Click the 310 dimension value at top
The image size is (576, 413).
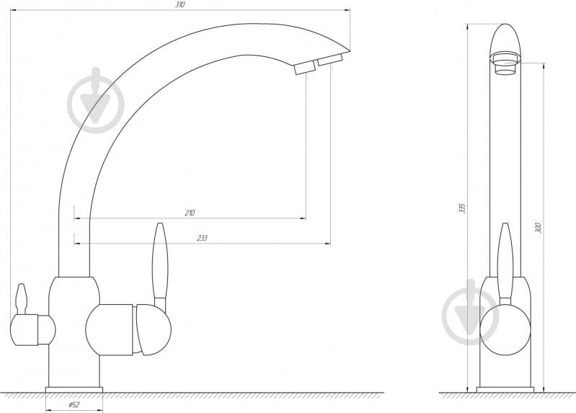tap(180, 5)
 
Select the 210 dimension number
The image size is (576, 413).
tap(190, 213)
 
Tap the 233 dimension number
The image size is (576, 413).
tap(203, 239)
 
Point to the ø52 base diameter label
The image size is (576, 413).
tap(74, 404)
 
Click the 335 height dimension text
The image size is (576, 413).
tap(463, 208)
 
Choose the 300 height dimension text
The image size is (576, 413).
tap(538, 227)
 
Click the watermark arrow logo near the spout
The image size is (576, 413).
tap(96, 102)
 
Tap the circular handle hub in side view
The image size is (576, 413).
tap(505, 328)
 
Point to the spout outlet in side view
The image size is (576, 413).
tap(506, 65)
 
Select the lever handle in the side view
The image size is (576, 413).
tap(505, 259)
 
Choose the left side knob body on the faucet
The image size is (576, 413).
tap(32, 331)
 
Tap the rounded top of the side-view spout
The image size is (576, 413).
tap(506, 36)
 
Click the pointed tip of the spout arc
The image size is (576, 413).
tap(347, 50)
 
